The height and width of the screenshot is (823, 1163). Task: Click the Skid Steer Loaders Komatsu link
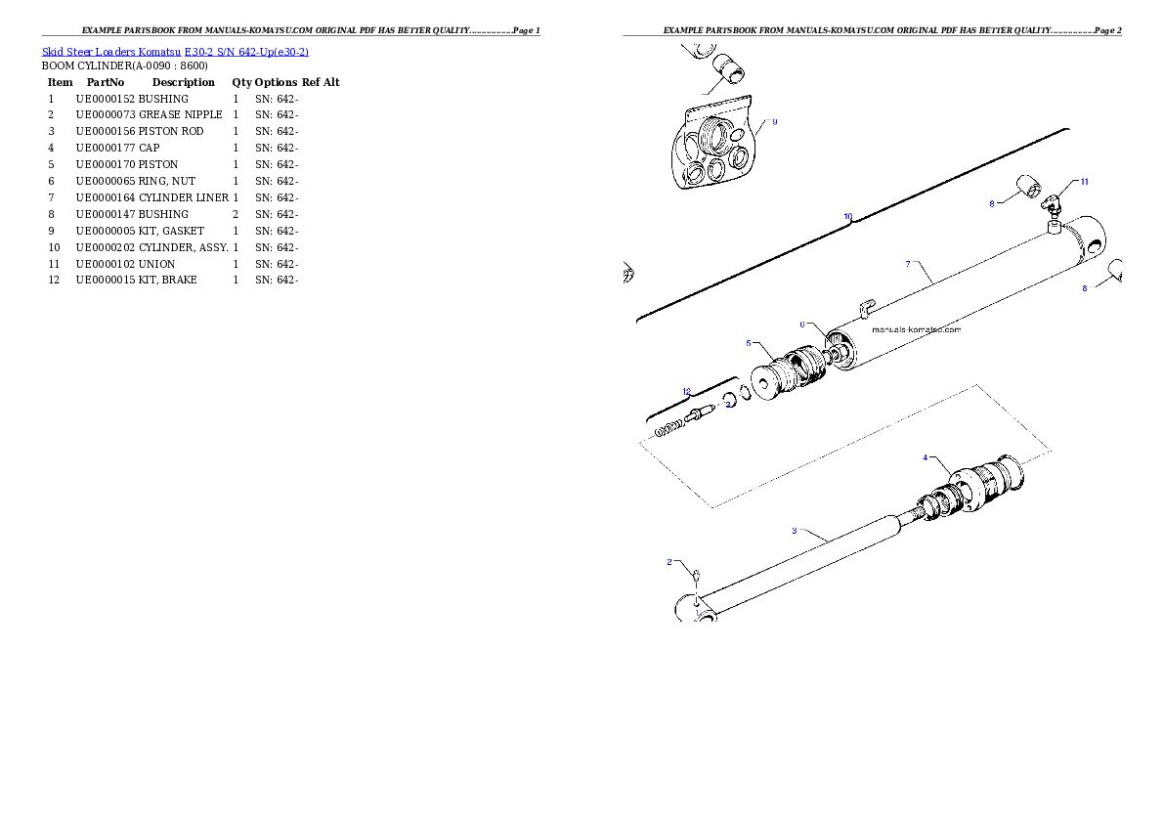tap(175, 52)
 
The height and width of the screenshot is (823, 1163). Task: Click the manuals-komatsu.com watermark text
tap(915, 329)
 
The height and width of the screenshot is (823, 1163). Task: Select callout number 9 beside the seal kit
tap(774, 122)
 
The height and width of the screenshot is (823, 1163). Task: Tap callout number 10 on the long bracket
tap(847, 216)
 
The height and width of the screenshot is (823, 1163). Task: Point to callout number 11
tap(1083, 182)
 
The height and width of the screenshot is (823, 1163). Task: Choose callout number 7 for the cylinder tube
tap(908, 264)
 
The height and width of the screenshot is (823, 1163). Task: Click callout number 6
tap(801, 325)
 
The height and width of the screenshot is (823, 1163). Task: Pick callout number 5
tap(749, 343)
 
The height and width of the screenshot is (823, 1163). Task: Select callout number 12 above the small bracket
tap(686, 392)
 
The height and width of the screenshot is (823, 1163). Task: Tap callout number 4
tap(926, 457)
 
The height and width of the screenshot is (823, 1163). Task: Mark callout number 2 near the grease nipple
tap(669, 562)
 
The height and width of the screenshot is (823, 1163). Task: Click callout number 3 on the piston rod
tap(795, 531)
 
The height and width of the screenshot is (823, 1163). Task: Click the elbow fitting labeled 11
tap(1052, 203)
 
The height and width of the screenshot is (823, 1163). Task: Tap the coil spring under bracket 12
tap(667, 427)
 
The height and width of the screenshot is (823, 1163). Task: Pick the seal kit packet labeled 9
tap(713, 147)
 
